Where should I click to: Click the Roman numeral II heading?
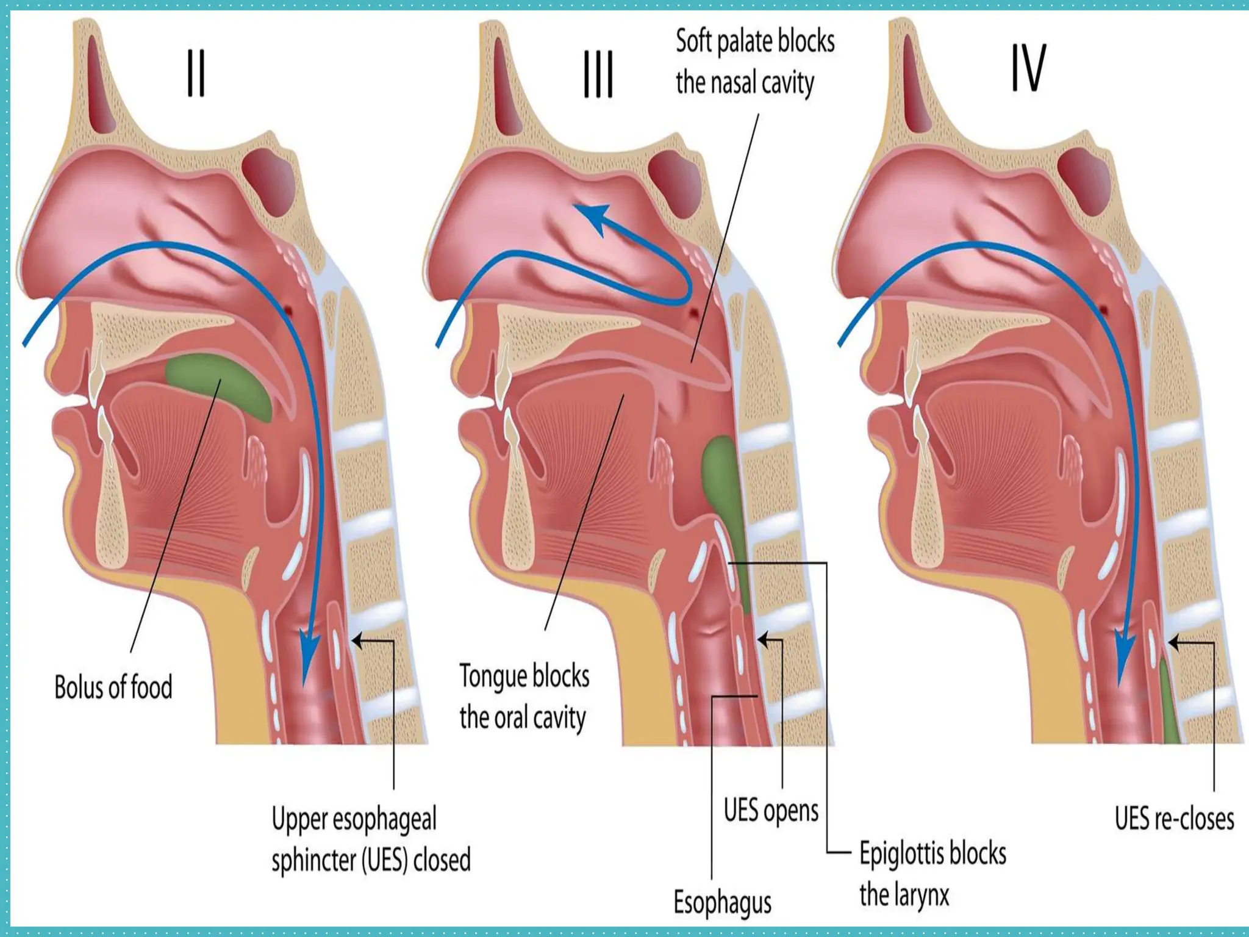tap(196, 74)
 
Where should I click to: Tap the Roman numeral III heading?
tap(598, 75)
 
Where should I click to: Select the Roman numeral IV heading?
tap(1029, 68)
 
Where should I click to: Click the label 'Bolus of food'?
tap(113, 687)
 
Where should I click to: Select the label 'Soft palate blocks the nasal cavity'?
tap(754, 62)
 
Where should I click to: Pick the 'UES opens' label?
tap(771, 811)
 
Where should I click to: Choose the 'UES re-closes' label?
tap(1174, 819)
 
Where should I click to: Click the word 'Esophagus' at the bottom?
tap(722, 902)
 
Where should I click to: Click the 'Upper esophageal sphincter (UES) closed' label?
tap(371, 839)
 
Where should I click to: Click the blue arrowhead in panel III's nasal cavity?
tap(592, 217)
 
